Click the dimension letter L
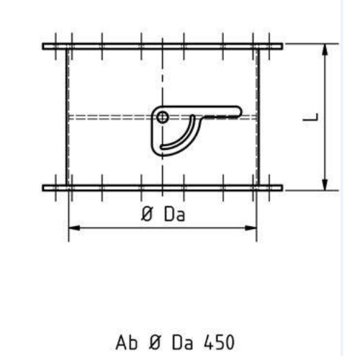click(x=310, y=117)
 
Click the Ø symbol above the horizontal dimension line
click(x=147, y=214)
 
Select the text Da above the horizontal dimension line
click(x=175, y=215)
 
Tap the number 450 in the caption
click(x=219, y=342)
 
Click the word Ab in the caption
click(x=127, y=342)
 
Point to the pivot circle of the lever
click(x=163, y=117)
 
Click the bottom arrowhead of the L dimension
click(x=325, y=184)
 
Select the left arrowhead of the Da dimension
click(x=74, y=228)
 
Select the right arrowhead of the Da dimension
click(x=251, y=228)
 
